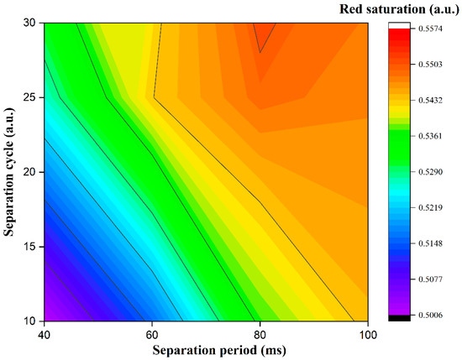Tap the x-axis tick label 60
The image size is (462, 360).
coord(151,333)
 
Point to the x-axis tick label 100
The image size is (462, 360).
coord(366,333)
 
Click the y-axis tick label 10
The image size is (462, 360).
coord(29,320)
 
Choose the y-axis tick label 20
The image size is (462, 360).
coord(29,172)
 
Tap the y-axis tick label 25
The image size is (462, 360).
coord(29,98)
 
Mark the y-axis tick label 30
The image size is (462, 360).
coord(29,24)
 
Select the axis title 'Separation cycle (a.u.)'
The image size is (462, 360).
coord(10,172)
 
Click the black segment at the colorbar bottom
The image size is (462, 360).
coord(397,317)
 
